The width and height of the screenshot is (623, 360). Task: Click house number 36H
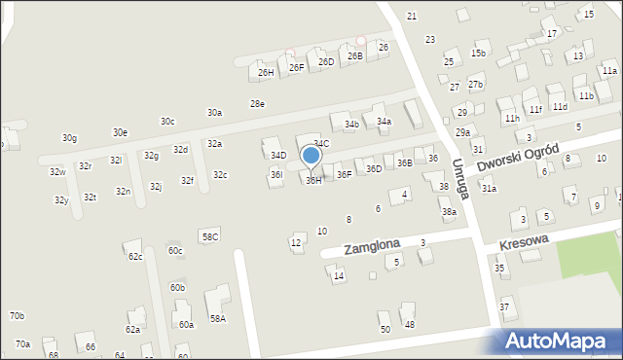pyautogui.click(x=313, y=180)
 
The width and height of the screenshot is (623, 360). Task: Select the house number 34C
pyautogui.click(x=321, y=144)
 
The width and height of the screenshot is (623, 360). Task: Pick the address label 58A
pyautogui.click(x=217, y=318)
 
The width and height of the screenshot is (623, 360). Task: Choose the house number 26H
pyautogui.click(x=266, y=72)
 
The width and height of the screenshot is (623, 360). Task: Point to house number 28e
pyautogui.click(x=257, y=104)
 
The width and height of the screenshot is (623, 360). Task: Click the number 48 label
pyautogui.click(x=409, y=324)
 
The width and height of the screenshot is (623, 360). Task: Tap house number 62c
pyautogui.click(x=135, y=257)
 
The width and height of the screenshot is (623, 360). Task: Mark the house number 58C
pyautogui.click(x=209, y=236)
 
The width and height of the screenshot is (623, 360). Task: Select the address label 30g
pyautogui.click(x=69, y=138)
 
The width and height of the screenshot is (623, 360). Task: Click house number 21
pyautogui.click(x=412, y=17)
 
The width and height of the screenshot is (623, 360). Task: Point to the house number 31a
pyautogui.click(x=489, y=189)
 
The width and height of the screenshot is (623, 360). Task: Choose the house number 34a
pyautogui.click(x=384, y=121)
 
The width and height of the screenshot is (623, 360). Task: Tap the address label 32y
pyautogui.click(x=61, y=200)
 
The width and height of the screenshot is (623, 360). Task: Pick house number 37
pyautogui.click(x=504, y=307)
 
